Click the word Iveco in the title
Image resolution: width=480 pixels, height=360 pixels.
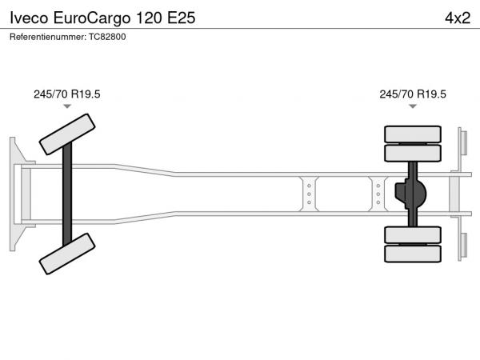point(29,18)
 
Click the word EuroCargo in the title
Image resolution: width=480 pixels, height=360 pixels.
point(92,18)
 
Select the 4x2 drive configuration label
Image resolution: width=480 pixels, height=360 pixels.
point(458,18)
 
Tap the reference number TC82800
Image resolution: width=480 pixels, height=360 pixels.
point(107,37)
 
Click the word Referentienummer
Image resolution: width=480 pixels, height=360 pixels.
point(48,37)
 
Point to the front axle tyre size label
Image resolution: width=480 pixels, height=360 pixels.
point(66,94)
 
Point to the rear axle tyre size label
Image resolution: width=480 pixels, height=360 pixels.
point(413,94)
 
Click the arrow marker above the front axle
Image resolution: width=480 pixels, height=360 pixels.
point(67,106)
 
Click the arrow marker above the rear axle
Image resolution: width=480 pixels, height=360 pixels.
point(413,106)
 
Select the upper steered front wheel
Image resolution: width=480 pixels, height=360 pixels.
point(67,134)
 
